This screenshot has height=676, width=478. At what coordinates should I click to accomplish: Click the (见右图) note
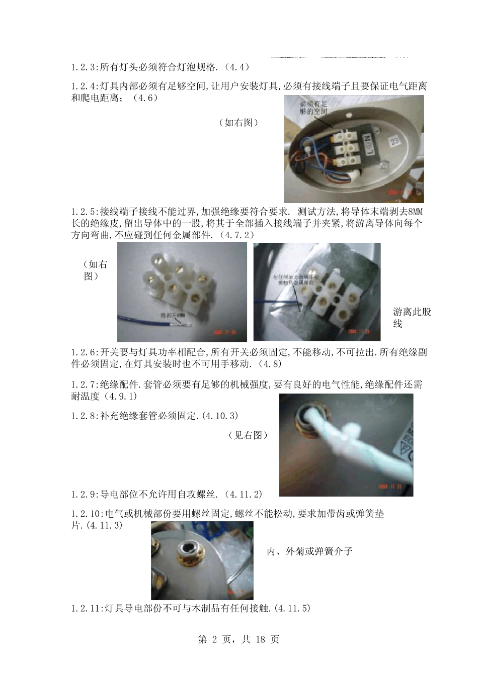[248, 435]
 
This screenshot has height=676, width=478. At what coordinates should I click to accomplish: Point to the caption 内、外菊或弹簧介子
[309, 551]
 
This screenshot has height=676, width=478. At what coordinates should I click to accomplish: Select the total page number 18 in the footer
[260, 639]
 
